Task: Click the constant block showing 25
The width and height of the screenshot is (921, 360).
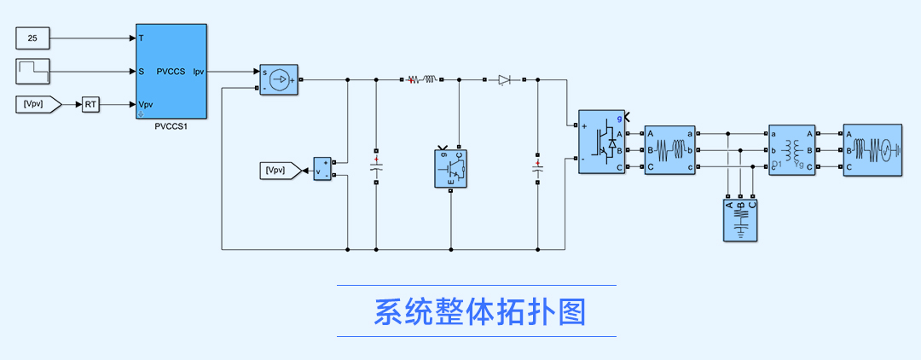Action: tap(32, 38)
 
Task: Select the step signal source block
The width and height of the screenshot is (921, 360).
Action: tap(32, 70)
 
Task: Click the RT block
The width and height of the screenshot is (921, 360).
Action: tap(90, 104)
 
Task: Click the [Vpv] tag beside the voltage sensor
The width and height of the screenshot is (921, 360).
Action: tap(280, 171)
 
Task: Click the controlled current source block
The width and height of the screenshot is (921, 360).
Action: tap(278, 79)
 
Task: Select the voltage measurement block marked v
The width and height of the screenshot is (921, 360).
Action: tap(322, 169)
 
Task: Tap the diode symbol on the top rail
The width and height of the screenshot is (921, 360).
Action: tap(504, 79)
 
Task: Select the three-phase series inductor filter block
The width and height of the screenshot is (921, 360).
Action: tap(670, 149)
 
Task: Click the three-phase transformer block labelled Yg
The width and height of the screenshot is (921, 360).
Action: tap(792, 149)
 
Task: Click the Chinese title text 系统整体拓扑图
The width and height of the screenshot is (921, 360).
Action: tap(480, 311)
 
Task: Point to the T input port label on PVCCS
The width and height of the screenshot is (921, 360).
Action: tap(141, 38)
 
